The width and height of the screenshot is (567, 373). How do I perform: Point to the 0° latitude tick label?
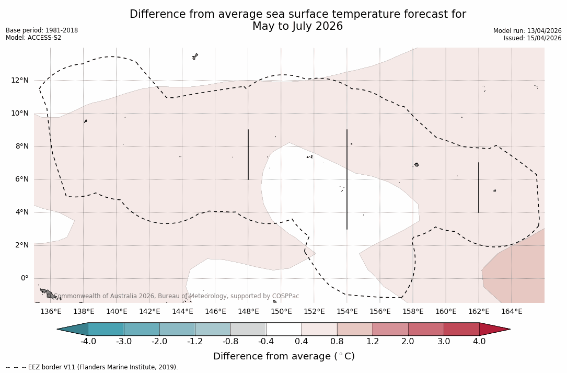click(25, 278)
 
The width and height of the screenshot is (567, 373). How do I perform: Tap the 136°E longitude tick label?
click(51, 312)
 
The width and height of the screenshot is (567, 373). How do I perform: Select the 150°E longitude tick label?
click(281, 312)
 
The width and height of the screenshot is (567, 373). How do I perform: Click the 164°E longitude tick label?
click(512, 312)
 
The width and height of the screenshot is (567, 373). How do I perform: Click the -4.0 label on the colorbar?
click(88, 342)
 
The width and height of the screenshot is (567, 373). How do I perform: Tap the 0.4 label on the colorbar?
click(302, 342)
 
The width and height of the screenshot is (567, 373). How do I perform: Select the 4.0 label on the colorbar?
click(479, 342)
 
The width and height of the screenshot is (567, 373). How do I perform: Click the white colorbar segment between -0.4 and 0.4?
click(284, 329)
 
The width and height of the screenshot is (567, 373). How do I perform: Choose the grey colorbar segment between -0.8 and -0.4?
click(248, 329)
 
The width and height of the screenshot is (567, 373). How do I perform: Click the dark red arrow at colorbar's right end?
click(493, 329)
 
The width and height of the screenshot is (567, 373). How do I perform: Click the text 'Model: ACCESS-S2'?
click(33, 38)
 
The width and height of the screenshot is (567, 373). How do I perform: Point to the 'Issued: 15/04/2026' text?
click(533, 38)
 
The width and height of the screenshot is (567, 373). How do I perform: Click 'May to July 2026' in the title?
click(297, 26)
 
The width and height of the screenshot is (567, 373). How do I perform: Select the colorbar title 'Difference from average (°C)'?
click(284, 356)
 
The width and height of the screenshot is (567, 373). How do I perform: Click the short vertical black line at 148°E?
click(248, 154)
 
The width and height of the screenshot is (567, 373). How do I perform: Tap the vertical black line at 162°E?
click(479, 187)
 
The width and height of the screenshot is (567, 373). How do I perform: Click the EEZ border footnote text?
click(91, 367)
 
